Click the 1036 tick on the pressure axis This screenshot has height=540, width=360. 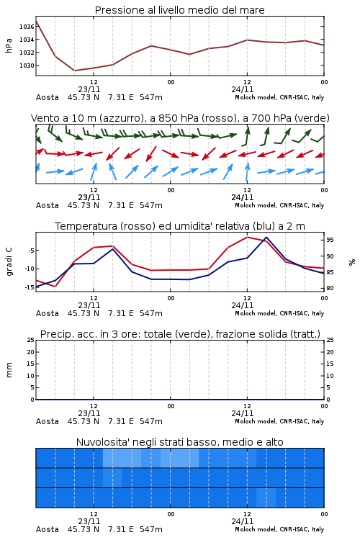27,27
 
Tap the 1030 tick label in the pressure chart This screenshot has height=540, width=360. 27,66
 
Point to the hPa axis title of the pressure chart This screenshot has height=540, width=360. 9,45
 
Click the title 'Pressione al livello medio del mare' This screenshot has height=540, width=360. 180,10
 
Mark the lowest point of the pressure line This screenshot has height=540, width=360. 74,71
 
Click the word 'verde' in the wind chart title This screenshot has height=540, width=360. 312,118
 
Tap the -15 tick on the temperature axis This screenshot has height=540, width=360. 30,287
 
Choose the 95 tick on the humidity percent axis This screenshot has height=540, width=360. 330,240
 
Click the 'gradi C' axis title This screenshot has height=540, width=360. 9,262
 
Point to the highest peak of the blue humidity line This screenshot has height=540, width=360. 266,238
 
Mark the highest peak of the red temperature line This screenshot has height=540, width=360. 247,237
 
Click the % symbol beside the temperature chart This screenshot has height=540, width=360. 352,262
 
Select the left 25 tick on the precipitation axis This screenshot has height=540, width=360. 31,340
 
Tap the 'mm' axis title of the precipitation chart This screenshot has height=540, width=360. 9,370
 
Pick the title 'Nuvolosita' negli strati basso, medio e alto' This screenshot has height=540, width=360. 180,442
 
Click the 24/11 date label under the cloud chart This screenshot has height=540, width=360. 243,521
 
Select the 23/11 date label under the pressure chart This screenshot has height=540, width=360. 89,89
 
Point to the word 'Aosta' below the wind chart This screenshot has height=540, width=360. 48,206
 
